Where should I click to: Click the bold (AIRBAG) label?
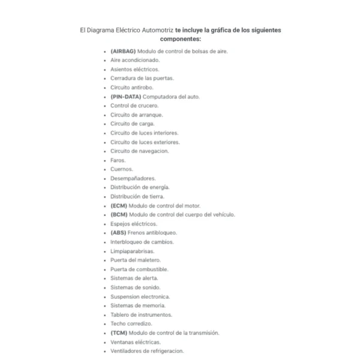[123, 51]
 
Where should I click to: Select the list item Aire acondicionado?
[135, 60]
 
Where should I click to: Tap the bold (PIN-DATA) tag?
[127, 97]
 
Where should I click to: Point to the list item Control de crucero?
[134, 106]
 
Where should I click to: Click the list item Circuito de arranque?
[136, 115]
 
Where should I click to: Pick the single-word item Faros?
[118, 160]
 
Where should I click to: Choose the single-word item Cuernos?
[122, 169]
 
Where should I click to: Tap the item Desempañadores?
[133, 178]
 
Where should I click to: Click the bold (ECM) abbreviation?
[119, 205]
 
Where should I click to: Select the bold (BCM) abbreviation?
[119, 214]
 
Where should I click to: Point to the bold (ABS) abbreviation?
[118, 233]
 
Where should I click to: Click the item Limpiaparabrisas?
[132, 251]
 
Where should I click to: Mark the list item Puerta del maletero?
[136, 260]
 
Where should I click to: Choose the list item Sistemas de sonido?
[135, 287]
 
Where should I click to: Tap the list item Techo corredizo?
[131, 323]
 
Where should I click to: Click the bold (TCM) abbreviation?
[119, 332]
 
